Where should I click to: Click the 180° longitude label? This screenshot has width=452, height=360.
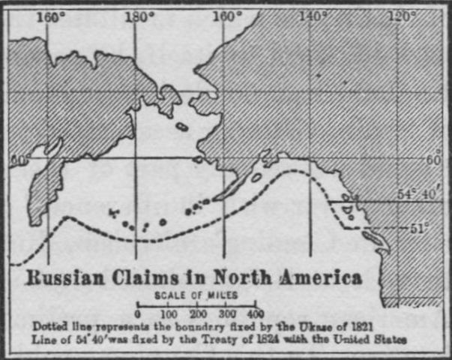139,17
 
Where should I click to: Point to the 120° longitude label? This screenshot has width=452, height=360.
402,17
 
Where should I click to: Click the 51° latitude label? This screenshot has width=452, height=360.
418,225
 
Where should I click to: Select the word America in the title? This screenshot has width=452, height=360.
321,278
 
